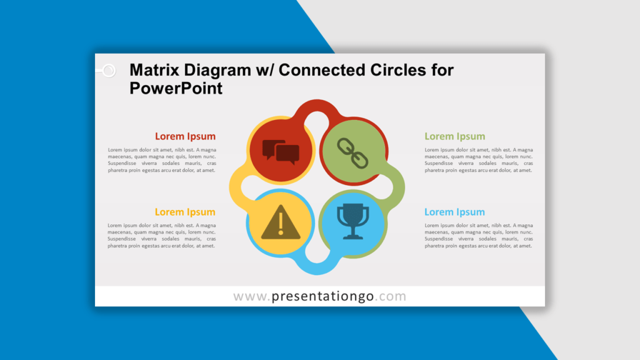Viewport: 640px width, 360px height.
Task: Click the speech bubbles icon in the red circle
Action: click(x=281, y=152)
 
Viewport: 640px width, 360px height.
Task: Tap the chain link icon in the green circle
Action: click(x=352, y=153)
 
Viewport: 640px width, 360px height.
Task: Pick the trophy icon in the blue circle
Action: click(x=352, y=221)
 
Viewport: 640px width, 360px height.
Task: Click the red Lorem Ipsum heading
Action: click(x=185, y=136)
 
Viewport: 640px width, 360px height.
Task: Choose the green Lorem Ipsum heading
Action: click(x=455, y=136)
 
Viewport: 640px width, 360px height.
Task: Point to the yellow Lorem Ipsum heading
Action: click(x=185, y=212)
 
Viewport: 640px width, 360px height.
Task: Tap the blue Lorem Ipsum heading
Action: click(x=455, y=212)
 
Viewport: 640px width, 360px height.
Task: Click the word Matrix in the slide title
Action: click(x=154, y=70)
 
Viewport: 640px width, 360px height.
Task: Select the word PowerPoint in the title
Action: click(x=176, y=88)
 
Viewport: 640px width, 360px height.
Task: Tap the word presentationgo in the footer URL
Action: click(x=322, y=296)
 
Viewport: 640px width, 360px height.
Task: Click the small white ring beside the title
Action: click(x=109, y=71)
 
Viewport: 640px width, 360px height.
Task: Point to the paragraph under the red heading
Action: click(x=162, y=160)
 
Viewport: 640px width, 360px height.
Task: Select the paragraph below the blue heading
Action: click(x=479, y=236)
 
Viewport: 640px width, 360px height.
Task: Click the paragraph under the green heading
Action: click(x=479, y=160)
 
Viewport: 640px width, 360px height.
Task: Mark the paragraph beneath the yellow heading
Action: click(x=162, y=236)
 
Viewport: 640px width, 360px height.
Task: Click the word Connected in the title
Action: click(x=322, y=70)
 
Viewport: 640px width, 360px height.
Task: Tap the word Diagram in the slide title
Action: click(x=217, y=71)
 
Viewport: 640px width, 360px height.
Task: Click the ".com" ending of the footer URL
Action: click(x=390, y=296)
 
